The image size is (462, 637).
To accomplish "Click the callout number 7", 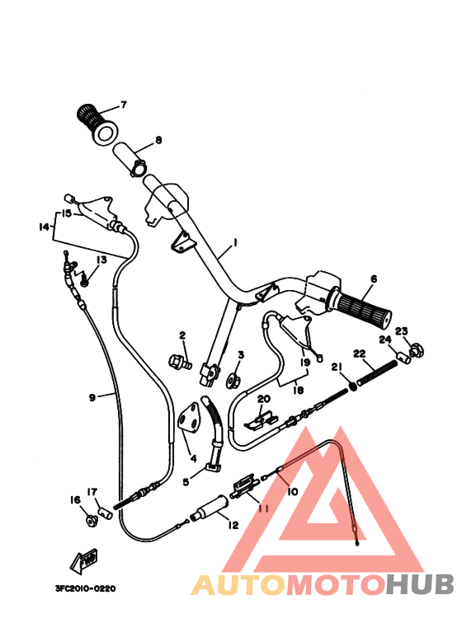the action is click(124, 105).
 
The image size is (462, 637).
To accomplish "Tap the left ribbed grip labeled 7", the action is click(97, 123).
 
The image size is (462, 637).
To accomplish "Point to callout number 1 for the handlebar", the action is click(234, 242).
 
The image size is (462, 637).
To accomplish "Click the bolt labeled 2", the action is click(180, 361).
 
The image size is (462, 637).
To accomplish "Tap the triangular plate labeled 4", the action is click(190, 419).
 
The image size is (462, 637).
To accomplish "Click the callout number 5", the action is click(186, 482).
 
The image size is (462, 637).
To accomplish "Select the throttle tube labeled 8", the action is click(130, 160).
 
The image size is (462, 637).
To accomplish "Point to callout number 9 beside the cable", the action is click(92, 397).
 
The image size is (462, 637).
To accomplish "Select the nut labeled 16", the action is click(91, 520).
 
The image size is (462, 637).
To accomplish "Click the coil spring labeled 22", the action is click(376, 372).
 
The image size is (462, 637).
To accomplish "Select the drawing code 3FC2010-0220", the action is click(86, 588).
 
